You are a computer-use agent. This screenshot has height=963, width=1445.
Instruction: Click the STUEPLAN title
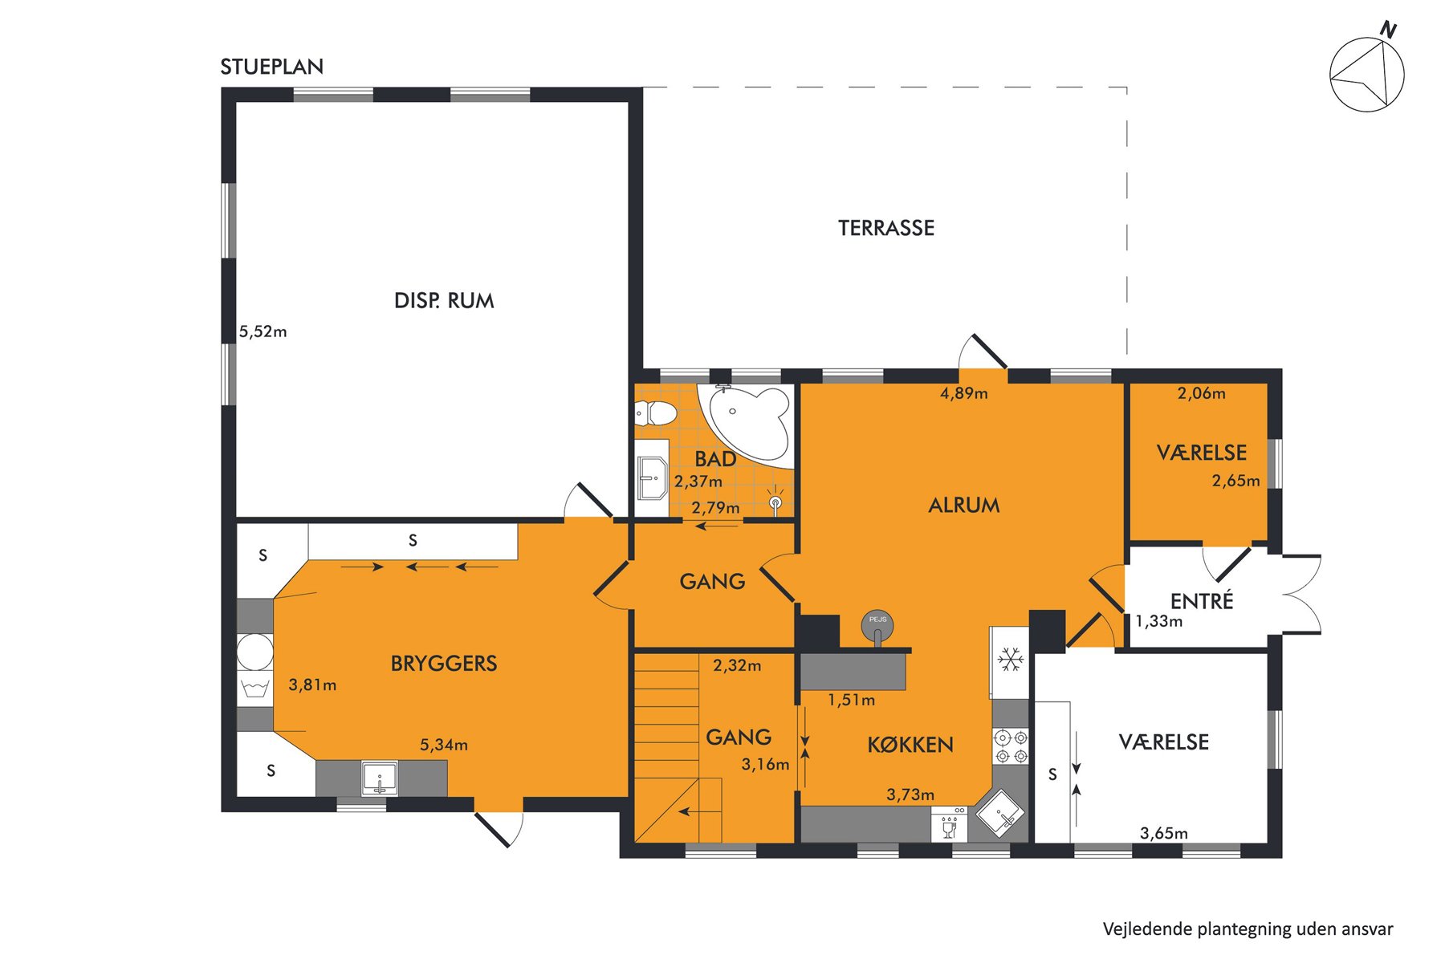tap(272, 67)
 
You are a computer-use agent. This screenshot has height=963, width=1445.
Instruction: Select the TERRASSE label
tap(886, 229)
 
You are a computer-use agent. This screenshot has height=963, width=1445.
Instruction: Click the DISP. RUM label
tap(444, 301)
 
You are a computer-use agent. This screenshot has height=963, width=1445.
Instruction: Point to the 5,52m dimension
tap(263, 331)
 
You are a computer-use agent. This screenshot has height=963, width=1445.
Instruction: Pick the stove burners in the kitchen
tap(1011, 746)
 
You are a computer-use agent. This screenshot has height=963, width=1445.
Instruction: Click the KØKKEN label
tap(910, 746)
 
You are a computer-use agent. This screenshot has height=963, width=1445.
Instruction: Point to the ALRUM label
tap(964, 506)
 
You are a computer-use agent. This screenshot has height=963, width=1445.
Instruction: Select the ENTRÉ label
tap(1202, 600)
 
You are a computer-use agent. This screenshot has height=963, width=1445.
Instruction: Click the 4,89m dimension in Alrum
tap(964, 393)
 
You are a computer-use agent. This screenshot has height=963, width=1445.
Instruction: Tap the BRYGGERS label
tap(444, 664)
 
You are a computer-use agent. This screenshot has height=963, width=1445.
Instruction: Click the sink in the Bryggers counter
tap(379, 778)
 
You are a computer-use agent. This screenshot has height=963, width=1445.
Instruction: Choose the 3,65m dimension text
tap(1164, 834)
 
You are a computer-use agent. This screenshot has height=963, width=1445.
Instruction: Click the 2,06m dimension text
tap(1202, 393)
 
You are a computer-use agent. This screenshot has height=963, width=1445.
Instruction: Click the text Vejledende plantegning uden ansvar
tap(1248, 929)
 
